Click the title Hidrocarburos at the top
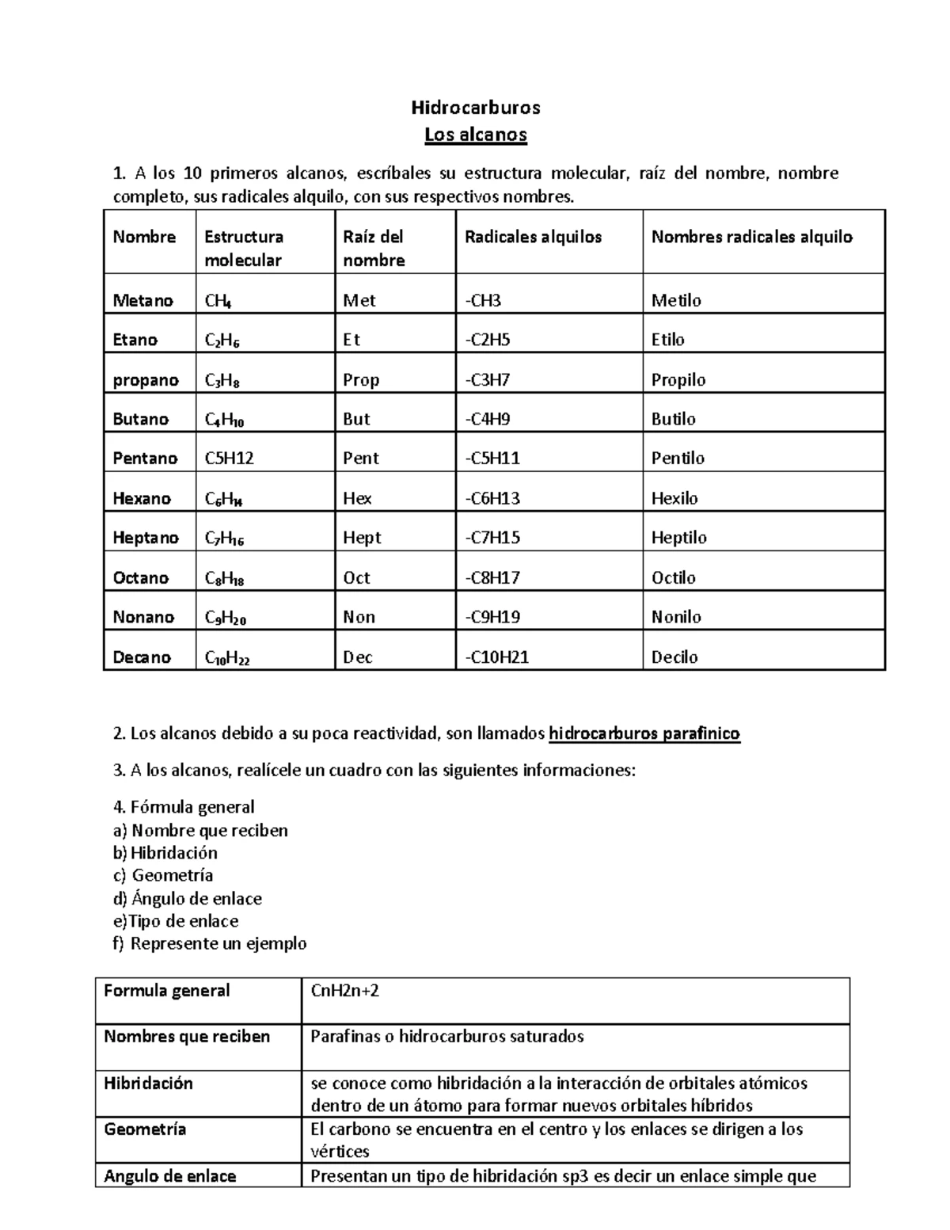pyautogui.click(x=475, y=107)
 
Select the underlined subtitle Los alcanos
pyautogui.click(x=475, y=135)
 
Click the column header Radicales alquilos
pyautogui.click(x=533, y=237)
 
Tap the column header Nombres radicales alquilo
pyautogui.click(x=751, y=237)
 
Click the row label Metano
pyautogui.click(x=142, y=300)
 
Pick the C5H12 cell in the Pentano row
pyautogui.click(x=229, y=459)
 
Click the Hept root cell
pyautogui.click(x=362, y=538)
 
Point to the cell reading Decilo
pyautogui.click(x=674, y=657)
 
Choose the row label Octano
pyautogui.click(x=141, y=577)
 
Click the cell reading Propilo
pyautogui.click(x=678, y=379)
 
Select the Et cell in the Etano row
pyautogui.click(x=351, y=340)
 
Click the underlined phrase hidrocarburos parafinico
pyautogui.click(x=644, y=733)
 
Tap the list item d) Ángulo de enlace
pyautogui.click(x=188, y=898)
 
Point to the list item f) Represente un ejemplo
pyautogui.click(x=210, y=943)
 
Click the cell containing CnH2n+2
pyautogui.click(x=344, y=991)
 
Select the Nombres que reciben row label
pyautogui.click(x=187, y=1037)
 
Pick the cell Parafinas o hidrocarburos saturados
pyautogui.click(x=446, y=1037)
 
